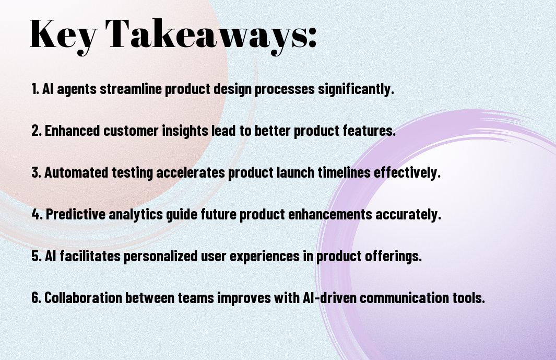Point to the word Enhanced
(73, 131)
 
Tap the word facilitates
(90, 256)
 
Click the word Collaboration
(83, 297)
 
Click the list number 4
(36, 214)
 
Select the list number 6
(36, 297)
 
